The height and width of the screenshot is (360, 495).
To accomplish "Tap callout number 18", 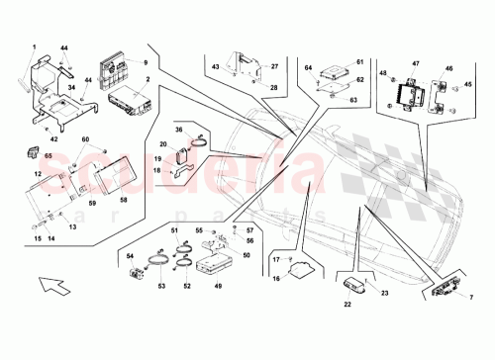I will [x=157, y=170].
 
